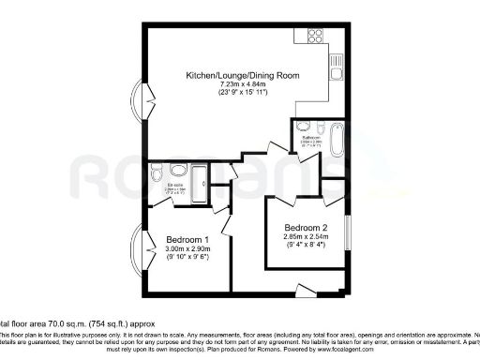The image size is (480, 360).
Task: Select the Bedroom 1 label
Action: pos(187,240)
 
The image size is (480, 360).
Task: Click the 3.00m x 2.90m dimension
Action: pos(187,248)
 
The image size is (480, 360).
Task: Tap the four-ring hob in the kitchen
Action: pos(308,37)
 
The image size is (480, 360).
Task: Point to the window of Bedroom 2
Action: pos(348,234)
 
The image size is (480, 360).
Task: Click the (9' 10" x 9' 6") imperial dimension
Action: pos(187,258)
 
